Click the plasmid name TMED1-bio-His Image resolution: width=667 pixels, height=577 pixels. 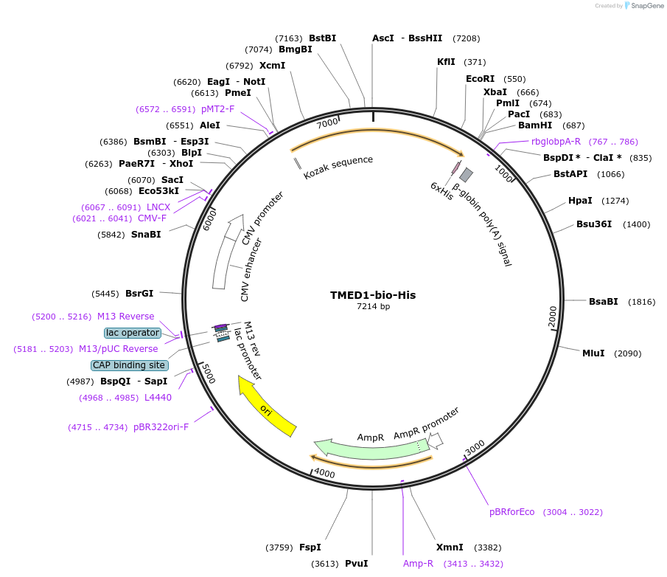pyautogui.click(x=372, y=295)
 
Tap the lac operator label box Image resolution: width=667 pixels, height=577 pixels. pyautogui.click(x=133, y=333)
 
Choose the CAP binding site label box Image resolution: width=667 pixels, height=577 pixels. pyautogui.click(x=130, y=365)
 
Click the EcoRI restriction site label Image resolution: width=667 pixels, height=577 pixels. pyautogui.click(x=480, y=79)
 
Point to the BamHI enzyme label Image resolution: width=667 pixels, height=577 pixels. pyautogui.click(x=535, y=125)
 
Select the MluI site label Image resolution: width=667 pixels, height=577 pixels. pyautogui.click(x=593, y=353)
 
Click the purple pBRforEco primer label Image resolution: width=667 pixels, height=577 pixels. pyautogui.click(x=512, y=511)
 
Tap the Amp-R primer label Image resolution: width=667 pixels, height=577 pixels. pyautogui.click(x=418, y=564)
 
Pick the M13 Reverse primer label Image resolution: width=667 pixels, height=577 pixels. pyautogui.click(x=126, y=317)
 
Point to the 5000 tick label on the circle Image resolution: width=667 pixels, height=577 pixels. pyautogui.click(x=209, y=373)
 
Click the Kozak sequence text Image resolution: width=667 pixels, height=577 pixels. pyautogui.click(x=338, y=167)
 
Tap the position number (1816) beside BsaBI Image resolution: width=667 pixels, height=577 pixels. pyautogui.click(x=641, y=302)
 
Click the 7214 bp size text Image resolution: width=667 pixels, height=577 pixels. pyautogui.click(x=373, y=307)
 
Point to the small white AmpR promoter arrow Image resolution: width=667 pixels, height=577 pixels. pyautogui.click(x=436, y=440)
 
